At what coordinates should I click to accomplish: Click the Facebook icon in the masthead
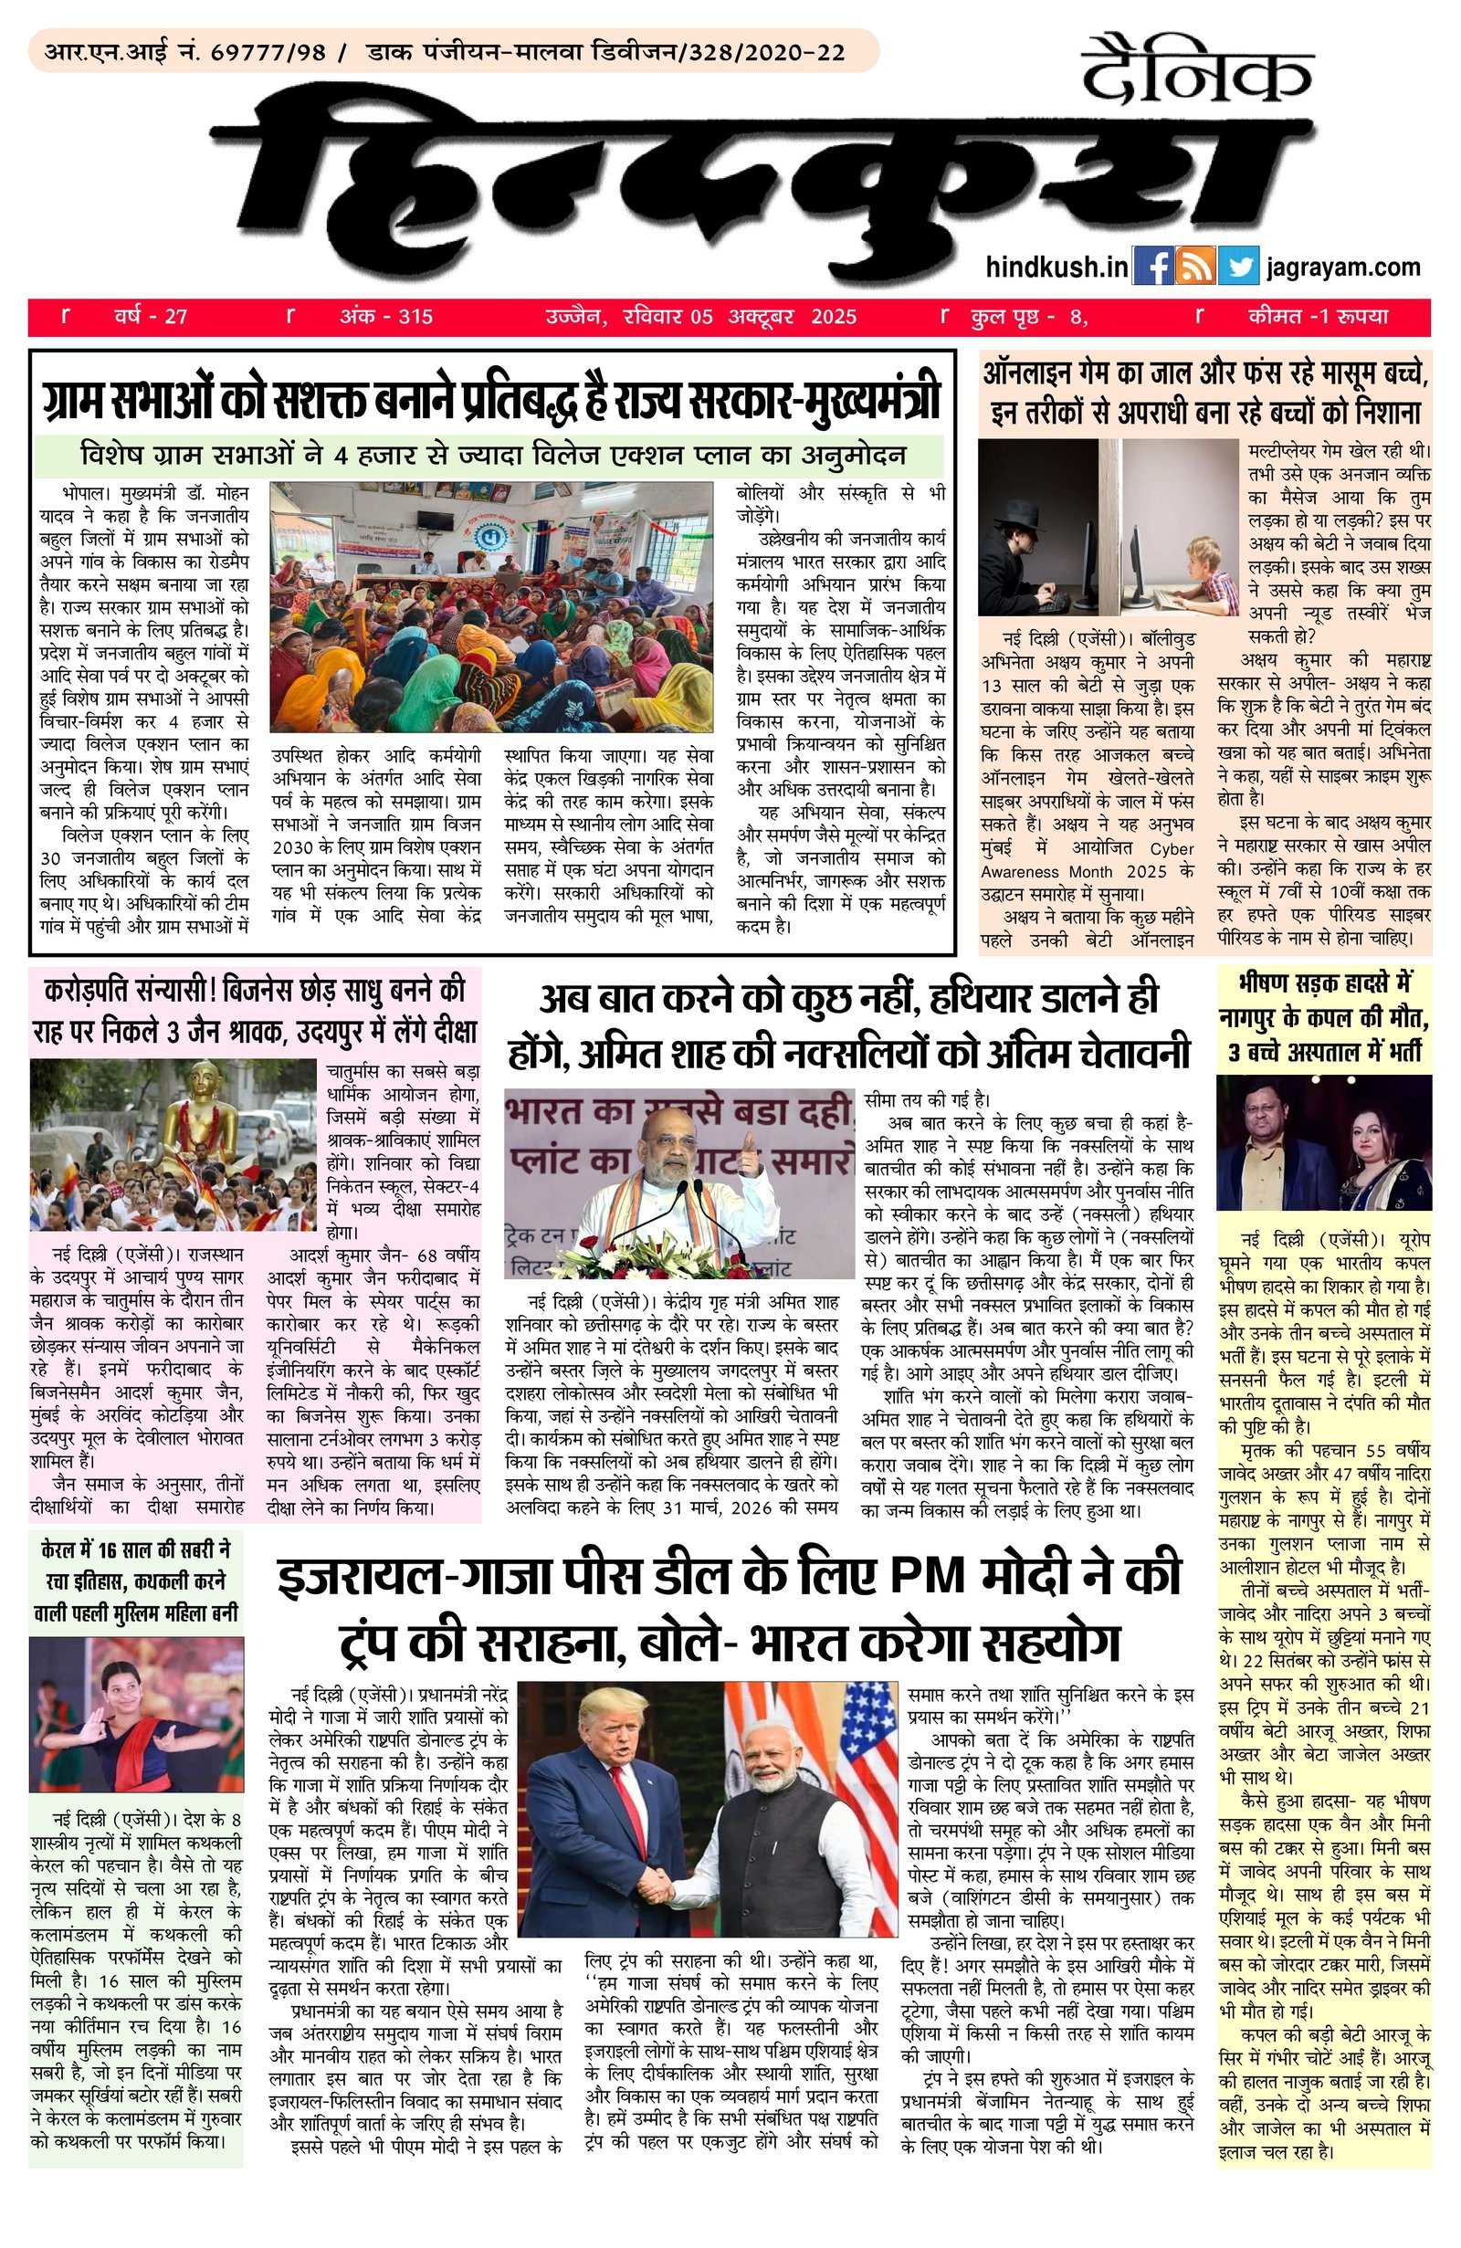pyautogui.click(x=1152, y=267)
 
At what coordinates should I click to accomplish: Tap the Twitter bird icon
pyautogui.click(x=1238, y=267)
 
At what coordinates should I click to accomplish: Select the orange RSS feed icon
pyautogui.click(x=1195, y=267)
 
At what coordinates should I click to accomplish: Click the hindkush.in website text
pyautogui.click(x=1056, y=268)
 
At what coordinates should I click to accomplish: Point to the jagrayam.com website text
pyautogui.click(x=1343, y=268)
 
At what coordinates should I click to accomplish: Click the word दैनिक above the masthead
pyautogui.click(x=1197, y=71)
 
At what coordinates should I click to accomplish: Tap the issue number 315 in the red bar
pyautogui.click(x=415, y=317)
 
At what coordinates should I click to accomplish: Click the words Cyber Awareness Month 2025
pyautogui.click(x=1086, y=859)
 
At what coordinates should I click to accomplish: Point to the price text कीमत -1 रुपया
pyautogui.click(x=1317, y=317)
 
